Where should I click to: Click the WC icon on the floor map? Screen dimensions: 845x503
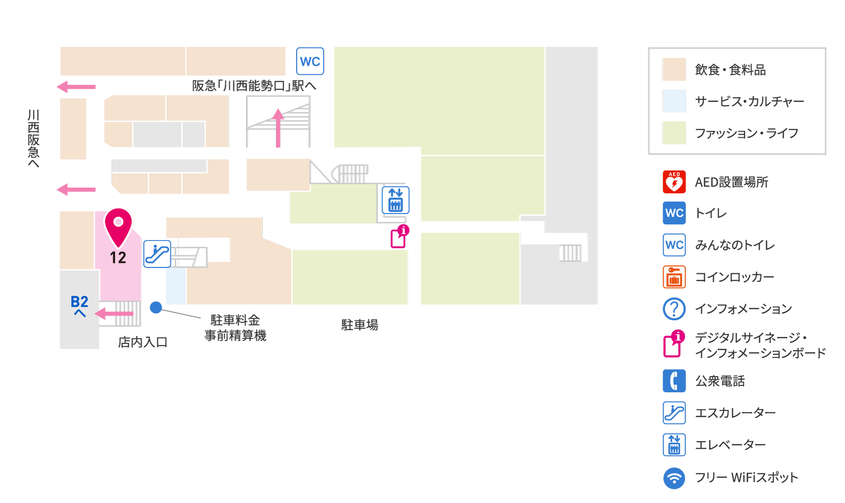(310, 61)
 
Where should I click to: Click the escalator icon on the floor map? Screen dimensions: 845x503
(157, 254)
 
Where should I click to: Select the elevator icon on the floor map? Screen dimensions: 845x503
(395, 200)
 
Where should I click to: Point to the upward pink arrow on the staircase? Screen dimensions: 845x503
(278, 128)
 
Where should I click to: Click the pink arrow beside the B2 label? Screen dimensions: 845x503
(114, 313)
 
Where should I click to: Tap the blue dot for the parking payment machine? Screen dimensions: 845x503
(156, 307)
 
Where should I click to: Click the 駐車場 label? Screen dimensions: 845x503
(360, 325)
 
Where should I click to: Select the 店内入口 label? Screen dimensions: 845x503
(143, 342)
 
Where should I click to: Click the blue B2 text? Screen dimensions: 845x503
(79, 302)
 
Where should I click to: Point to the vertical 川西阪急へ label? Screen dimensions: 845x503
(33, 138)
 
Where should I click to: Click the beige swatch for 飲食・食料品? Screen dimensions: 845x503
(674, 69)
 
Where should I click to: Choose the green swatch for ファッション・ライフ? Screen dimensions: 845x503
(674, 133)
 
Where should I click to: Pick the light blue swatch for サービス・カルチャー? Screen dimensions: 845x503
(674, 101)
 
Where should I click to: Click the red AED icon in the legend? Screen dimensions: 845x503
(674, 182)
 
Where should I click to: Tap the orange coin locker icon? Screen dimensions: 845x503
(674, 277)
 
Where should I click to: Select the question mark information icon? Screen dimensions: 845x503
(674, 309)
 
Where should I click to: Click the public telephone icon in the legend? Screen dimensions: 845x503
(674, 381)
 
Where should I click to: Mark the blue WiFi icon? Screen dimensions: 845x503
(674, 478)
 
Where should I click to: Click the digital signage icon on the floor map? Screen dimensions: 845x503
(399, 237)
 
